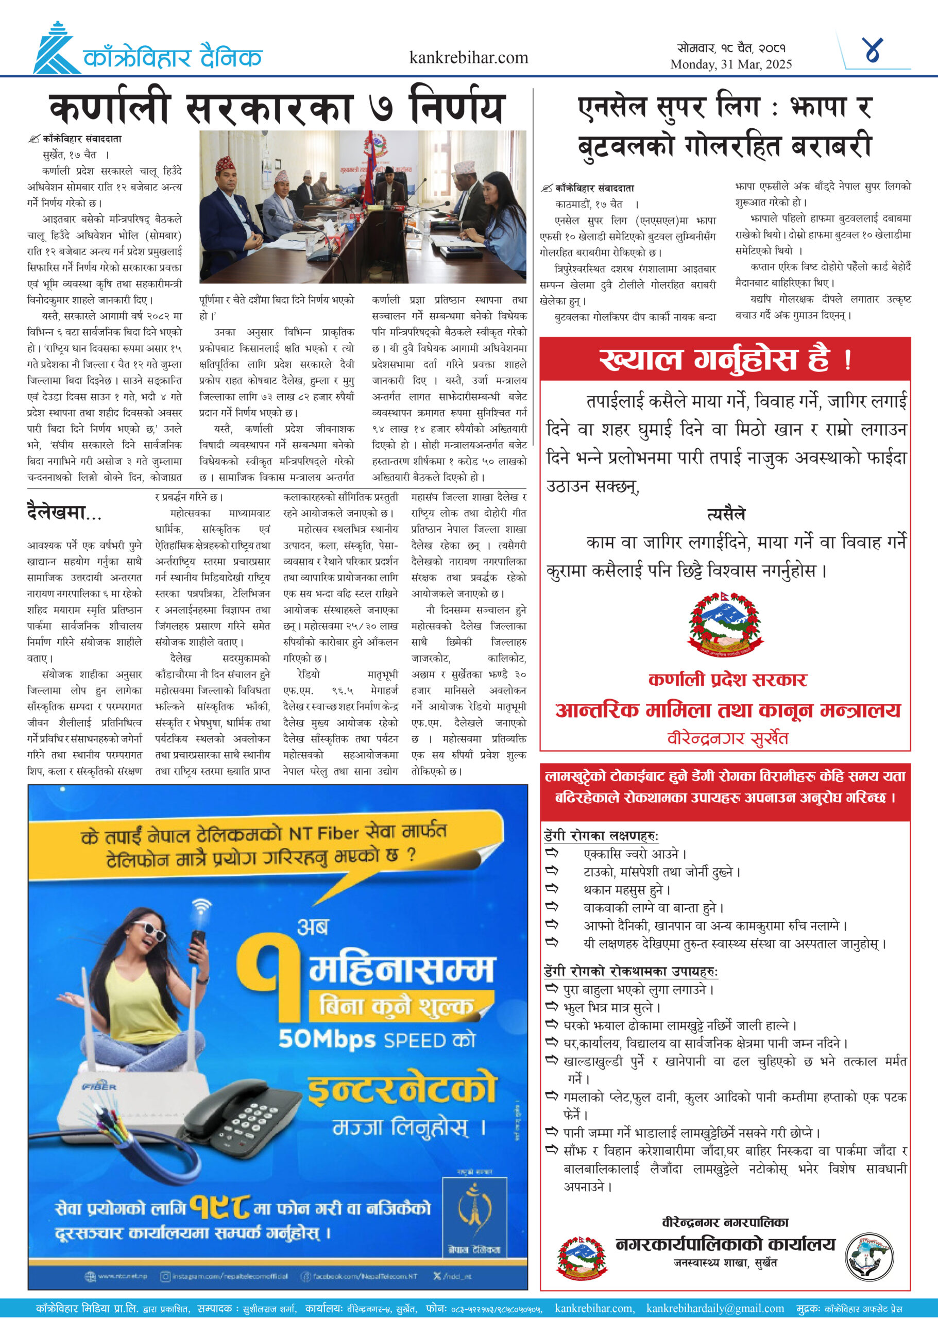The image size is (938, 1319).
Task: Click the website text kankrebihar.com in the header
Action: click(468, 58)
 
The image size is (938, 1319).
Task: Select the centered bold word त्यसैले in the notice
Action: click(726, 514)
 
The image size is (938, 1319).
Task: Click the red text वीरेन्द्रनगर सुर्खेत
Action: click(727, 738)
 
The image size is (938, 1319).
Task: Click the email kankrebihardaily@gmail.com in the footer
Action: click(715, 1308)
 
